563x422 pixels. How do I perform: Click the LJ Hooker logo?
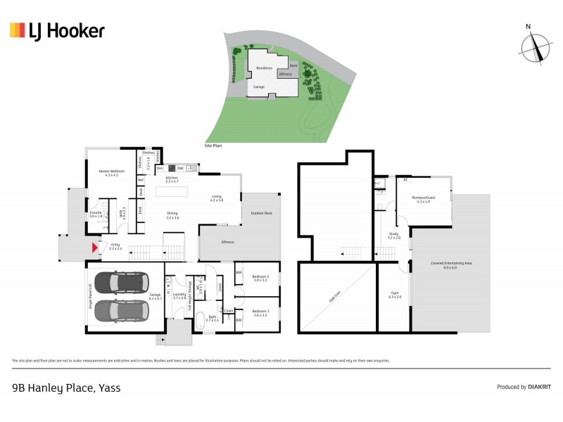[x=57, y=30]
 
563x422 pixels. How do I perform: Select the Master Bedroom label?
[x=111, y=172]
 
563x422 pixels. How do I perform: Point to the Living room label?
[x=216, y=198]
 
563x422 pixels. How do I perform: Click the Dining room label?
[x=172, y=216]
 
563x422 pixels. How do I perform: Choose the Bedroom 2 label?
[x=261, y=278]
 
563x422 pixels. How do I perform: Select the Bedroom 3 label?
[x=261, y=313]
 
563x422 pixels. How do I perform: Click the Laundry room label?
[x=179, y=296]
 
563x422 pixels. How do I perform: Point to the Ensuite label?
[x=96, y=214]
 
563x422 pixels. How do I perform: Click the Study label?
[x=393, y=236]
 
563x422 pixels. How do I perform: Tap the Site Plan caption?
[x=213, y=146]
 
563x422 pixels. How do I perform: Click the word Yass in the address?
[x=109, y=388]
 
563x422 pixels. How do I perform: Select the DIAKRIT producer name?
[x=540, y=387]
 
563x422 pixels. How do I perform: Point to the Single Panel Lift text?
[x=90, y=296]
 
